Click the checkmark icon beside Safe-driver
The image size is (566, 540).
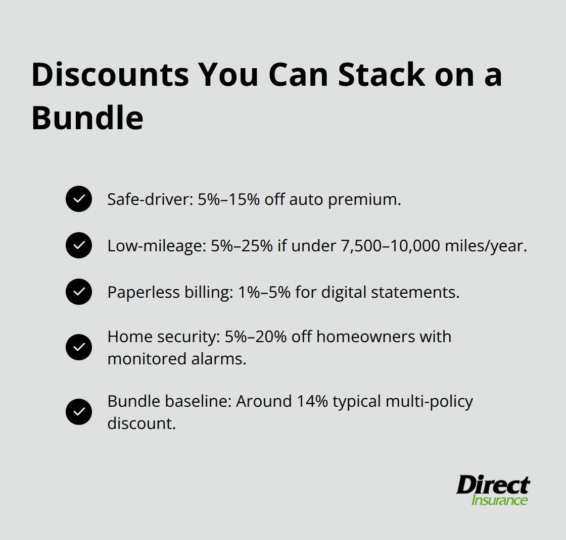click(x=79, y=199)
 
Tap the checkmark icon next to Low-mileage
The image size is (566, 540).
click(x=79, y=246)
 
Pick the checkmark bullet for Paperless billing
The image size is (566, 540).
click(x=79, y=292)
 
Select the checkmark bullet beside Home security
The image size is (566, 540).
click(x=79, y=347)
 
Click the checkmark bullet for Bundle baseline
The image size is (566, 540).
click(x=79, y=412)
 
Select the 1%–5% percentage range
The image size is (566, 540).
click(x=262, y=292)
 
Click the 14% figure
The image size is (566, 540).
click(x=315, y=401)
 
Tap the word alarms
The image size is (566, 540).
click(x=222, y=359)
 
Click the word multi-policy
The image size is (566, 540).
click(x=429, y=401)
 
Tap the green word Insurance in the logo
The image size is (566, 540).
click(x=499, y=500)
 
